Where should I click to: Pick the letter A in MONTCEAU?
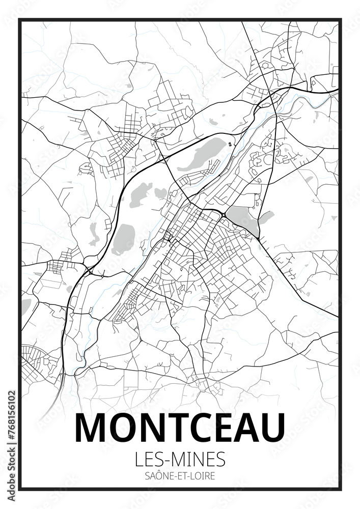coord(246,428)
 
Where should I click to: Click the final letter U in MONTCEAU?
coord(271,428)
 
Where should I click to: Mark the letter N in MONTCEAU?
coord(152,428)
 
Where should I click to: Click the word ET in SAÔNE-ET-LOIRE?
coord(179,477)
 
